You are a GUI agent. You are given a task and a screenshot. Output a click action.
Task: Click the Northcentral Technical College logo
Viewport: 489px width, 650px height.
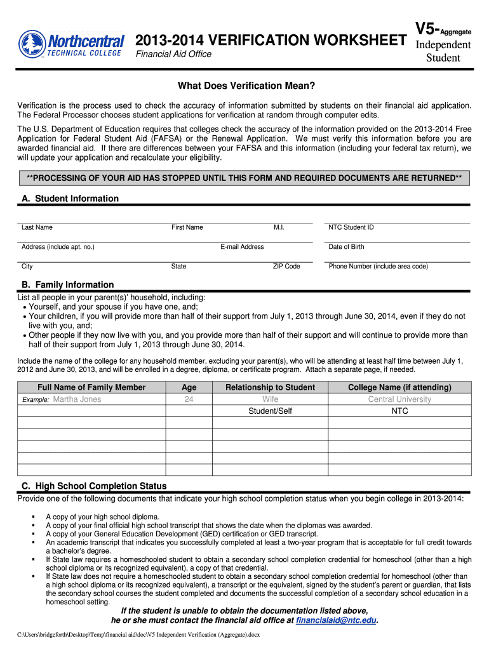coord(71,44)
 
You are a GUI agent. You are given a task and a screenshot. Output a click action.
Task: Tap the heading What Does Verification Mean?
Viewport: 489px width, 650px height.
coord(246,86)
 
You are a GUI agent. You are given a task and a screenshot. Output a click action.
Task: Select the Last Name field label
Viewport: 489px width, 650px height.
coord(37,227)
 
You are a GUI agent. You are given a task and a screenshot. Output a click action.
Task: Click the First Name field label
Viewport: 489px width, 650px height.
coord(187,227)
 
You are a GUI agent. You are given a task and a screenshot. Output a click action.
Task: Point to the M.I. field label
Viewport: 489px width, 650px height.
coord(279,227)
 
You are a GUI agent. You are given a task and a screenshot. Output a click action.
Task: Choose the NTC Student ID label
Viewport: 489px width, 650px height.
coord(351,227)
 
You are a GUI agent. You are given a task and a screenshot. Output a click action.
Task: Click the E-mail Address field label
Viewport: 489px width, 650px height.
coord(242,247)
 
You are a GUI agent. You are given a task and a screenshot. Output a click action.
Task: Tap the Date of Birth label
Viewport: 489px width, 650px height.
coord(346,247)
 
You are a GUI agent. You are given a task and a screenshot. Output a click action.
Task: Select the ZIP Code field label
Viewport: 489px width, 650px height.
coord(286,267)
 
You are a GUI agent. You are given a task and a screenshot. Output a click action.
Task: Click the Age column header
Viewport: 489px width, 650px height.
coord(189,387)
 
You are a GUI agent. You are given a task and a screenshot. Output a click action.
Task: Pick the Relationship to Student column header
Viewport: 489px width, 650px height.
coord(270,387)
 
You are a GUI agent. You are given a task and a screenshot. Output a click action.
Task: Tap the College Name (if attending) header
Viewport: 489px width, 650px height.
coord(399,387)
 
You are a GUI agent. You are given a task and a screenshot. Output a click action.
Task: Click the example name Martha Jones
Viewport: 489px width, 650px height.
coord(77,399)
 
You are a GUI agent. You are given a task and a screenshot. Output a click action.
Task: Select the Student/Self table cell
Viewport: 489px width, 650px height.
coord(270,411)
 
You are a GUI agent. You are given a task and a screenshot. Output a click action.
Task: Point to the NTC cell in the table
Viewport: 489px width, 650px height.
coord(399,411)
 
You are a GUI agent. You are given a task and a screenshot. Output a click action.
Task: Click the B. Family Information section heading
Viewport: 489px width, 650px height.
coord(67,285)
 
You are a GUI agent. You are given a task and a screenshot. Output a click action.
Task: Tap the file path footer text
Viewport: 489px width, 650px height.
coord(138,635)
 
